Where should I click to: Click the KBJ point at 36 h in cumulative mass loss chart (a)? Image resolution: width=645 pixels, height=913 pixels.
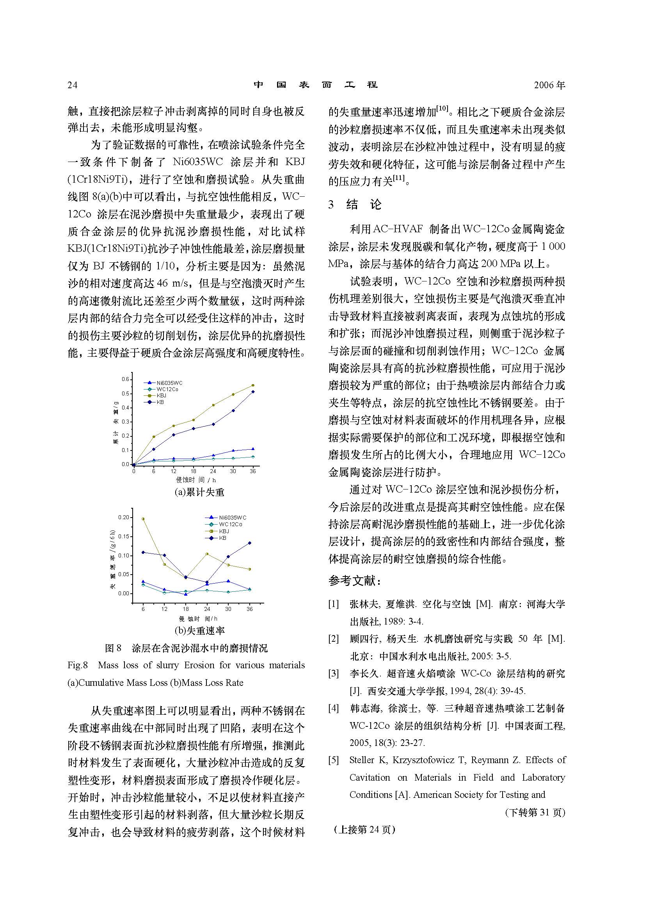point(253,385)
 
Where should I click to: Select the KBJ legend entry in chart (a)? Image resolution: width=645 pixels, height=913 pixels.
point(161,396)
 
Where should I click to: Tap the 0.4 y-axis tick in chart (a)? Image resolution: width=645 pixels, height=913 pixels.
point(126,408)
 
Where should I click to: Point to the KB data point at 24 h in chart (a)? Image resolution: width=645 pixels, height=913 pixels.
point(213,424)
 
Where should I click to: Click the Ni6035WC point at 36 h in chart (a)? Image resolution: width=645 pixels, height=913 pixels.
point(253,449)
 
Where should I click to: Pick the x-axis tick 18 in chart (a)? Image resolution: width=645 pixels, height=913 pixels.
point(194,471)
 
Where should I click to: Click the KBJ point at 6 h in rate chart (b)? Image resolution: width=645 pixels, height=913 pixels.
point(143,519)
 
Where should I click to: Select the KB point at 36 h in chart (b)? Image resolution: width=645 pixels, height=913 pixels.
point(250,543)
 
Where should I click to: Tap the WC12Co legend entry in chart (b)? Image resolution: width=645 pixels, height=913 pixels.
point(230,525)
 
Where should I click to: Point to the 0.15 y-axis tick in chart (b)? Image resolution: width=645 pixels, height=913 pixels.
point(124,537)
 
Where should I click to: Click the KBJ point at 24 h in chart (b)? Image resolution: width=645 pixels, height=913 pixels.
point(207,554)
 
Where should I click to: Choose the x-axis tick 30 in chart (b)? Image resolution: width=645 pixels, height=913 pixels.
point(228,609)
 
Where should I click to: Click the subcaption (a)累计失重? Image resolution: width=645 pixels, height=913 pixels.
point(199,492)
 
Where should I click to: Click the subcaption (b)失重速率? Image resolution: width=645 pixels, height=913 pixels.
point(199,630)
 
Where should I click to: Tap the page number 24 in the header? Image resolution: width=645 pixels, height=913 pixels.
point(72,85)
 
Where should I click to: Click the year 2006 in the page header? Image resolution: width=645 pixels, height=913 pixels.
point(544,85)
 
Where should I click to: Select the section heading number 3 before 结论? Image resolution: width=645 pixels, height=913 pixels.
point(331,205)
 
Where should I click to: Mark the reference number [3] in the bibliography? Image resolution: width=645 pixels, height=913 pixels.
point(334,674)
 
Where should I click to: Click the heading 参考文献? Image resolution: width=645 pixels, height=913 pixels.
point(355,581)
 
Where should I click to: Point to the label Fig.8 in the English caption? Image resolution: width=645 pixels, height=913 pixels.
point(78,665)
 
